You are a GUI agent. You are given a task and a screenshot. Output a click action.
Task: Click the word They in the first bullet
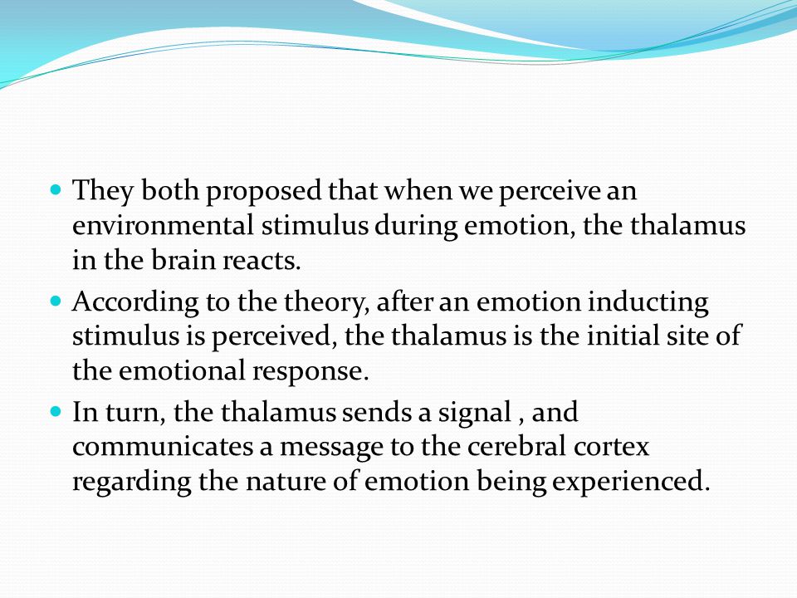pyautogui.click(x=103, y=191)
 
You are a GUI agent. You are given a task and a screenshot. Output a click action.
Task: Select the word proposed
pyautogui.click(x=263, y=192)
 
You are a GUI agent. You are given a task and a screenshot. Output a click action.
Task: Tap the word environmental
pyautogui.click(x=163, y=225)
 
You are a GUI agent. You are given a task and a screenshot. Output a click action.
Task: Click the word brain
pyautogui.click(x=183, y=260)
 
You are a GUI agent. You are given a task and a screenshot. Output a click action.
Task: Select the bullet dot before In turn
pyautogui.click(x=56, y=411)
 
